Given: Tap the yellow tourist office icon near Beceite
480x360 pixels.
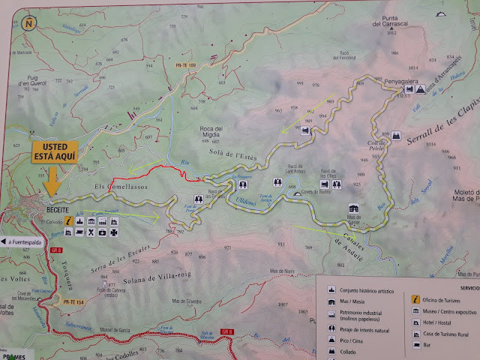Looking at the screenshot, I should tap(70, 222).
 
